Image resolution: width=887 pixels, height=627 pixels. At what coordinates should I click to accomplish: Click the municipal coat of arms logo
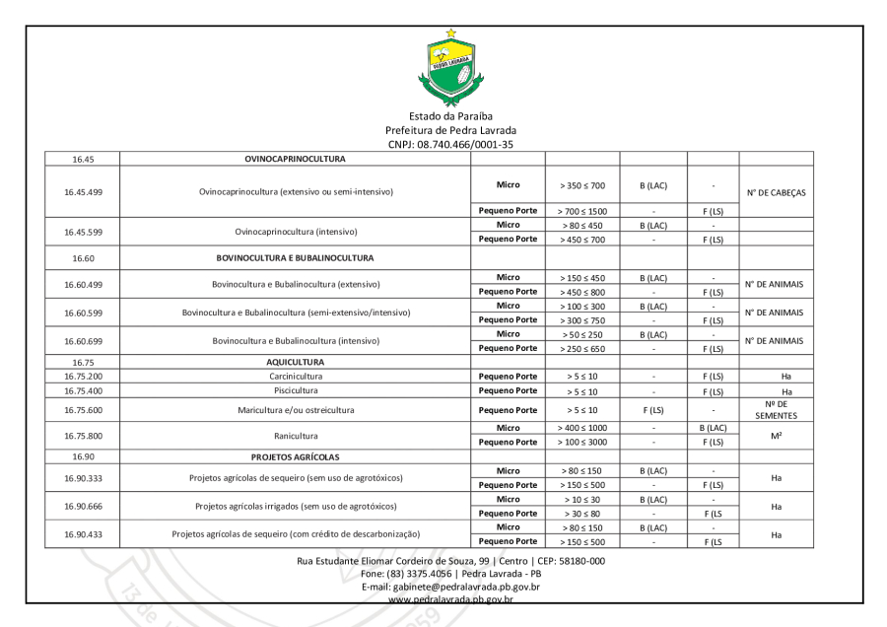point(451,66)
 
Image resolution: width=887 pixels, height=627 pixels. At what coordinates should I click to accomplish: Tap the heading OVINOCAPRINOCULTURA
point(295,158)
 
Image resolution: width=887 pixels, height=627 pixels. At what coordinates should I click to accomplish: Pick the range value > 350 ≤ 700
point(580,184)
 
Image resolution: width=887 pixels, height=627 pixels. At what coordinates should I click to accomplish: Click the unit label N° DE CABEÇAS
point(776,192)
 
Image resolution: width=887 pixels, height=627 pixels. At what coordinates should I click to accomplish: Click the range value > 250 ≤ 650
point(580,348)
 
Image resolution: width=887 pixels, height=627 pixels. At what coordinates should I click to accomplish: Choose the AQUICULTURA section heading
point(295,362)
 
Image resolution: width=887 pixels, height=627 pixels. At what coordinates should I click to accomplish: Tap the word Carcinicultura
point(295,377)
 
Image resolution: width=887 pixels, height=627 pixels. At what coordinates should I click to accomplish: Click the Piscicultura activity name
point(295,391)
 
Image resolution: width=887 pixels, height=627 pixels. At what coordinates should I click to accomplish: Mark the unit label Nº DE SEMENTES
point(776,410)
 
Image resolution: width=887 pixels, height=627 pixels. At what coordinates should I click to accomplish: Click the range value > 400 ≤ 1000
point(580,429)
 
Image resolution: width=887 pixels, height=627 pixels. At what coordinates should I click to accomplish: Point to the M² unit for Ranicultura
point(776,436)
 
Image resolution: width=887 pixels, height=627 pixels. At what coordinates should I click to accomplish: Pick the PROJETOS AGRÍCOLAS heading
point(295,457)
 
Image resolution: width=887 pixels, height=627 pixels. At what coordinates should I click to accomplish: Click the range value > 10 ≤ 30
point(580,499)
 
